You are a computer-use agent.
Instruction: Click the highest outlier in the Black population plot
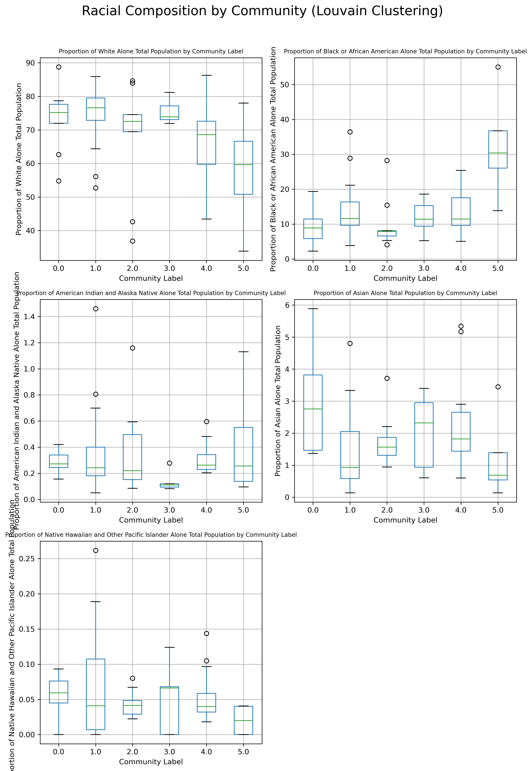coord(498,67)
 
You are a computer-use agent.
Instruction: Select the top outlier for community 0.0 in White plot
coord(59,67)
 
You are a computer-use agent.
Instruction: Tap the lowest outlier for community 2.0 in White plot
coord(132,241)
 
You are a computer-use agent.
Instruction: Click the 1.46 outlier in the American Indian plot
coord(96,309)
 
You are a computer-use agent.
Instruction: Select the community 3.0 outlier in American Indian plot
coord(169,463)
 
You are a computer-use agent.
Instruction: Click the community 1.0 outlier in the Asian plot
coord(350,343)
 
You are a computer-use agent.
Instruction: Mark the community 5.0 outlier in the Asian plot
coord(498,387)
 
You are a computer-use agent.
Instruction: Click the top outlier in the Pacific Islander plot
coord(96,551)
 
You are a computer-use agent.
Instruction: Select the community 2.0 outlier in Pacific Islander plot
coord(132,678)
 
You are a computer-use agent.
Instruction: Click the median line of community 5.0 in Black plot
coord(498,153)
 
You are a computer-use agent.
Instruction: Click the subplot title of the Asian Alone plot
coord(405,293)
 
